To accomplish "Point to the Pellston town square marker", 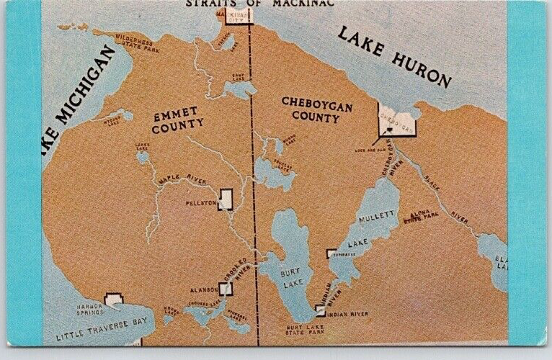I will point(226,199).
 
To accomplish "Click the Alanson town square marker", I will point(226,289).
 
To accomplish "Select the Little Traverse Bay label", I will point(98,332).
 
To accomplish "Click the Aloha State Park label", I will point(421,215).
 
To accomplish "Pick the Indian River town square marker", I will point(320,311).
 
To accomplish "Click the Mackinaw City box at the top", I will point(239,14).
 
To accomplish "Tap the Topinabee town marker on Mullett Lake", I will point(331,253).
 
